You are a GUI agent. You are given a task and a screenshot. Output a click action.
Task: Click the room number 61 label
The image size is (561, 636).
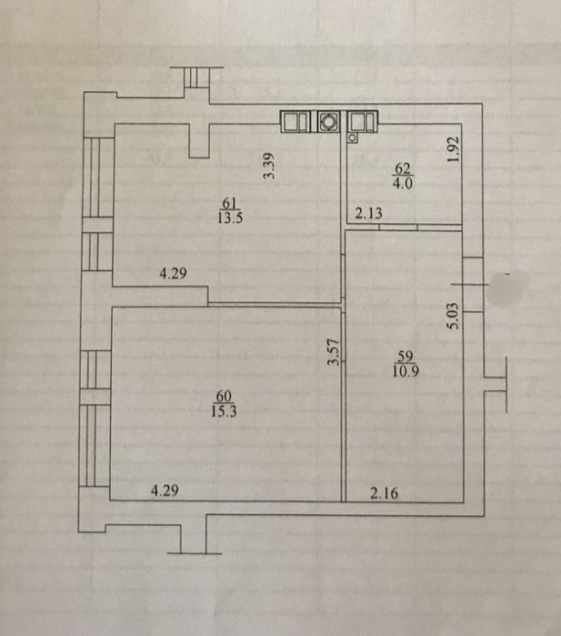coord(229,203)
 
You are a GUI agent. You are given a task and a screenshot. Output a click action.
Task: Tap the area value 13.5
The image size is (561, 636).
coord(230,217)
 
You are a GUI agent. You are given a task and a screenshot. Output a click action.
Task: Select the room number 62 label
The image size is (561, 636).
coord(403,168)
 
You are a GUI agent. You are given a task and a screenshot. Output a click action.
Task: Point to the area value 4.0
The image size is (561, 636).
coord(403,183)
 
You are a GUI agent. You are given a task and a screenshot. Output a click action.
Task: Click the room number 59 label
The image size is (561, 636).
coord(406,356)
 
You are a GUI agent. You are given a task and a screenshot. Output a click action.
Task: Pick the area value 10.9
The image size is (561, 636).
coord(406,370)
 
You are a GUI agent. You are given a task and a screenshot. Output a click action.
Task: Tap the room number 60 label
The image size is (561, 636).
coord(224,396)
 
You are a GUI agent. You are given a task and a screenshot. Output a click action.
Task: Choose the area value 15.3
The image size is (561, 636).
coord(224,411)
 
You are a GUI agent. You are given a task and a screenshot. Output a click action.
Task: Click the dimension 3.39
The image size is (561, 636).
coord(269,166)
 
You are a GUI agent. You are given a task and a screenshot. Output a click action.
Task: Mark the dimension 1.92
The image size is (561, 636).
coord(454,149)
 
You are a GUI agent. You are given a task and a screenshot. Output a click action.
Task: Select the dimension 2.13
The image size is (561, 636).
coord(368,213)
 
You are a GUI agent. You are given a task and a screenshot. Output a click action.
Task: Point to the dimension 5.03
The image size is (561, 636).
coord(453,316)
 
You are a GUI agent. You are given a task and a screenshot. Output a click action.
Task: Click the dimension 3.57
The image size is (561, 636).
coord(333,352)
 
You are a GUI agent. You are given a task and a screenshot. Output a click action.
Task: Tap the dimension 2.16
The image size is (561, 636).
coord(385,493)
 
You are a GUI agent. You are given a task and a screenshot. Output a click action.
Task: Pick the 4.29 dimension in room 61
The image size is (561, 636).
coord(173,273)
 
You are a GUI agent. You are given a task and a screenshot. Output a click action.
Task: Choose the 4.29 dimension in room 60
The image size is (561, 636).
coord(165,490)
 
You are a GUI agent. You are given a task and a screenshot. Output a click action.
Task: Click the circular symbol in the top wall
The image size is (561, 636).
coord(328,121)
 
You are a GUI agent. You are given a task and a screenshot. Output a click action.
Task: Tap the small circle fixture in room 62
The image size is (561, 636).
coord(352,138)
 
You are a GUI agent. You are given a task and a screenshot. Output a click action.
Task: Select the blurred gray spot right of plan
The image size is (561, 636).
coord(506,288)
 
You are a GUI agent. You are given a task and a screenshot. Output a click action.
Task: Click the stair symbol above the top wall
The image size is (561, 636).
coord(196,77)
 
